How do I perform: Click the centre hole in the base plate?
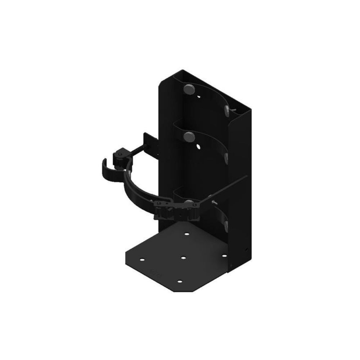click(x=183, y=258)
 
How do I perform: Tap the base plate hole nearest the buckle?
click(x=187, y=234)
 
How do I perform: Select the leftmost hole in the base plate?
click(x=143, y=260)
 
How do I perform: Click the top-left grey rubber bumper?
click(x=188, y=89)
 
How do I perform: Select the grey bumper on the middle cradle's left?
click(x=188, y=136)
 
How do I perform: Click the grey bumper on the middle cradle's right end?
click(x=228, y=157)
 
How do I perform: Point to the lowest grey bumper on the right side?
click(x=226, y=226)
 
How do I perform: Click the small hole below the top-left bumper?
click(x=199, y=98)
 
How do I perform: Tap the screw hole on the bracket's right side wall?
click(x=246, y=249)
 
